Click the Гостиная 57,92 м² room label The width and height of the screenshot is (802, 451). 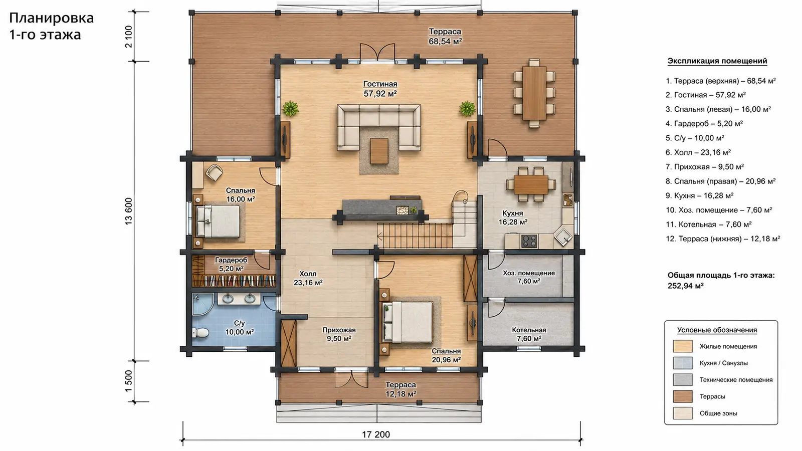tap(380, 89)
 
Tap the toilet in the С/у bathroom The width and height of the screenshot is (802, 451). tap(200, 333)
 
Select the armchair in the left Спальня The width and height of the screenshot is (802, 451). tap(214, 172)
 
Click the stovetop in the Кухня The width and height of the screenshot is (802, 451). tap(529, 241)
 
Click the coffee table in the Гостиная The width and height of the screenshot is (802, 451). tap(379, 151)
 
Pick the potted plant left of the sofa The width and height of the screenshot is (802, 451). tap(290, 108)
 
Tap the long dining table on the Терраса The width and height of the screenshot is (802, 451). tap(534, 93)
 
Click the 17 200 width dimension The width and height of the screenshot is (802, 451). tap(376, 434)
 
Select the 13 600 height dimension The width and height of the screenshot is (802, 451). tap(128, 211)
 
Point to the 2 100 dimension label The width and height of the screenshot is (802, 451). tap(128, 37)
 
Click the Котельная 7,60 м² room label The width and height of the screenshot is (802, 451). tap(529, 334)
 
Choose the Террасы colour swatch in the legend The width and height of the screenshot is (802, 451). tap(682, 396)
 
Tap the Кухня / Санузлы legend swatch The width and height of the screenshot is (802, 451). tap(682, 363)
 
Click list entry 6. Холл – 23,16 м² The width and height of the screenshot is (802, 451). tap(698, 152)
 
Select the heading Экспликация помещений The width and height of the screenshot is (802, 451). tap(717, 61)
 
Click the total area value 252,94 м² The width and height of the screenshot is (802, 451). tap(686, 286)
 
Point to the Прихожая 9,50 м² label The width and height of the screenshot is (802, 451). tap(339, 334)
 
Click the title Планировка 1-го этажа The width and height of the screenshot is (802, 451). tap(51, 26)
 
